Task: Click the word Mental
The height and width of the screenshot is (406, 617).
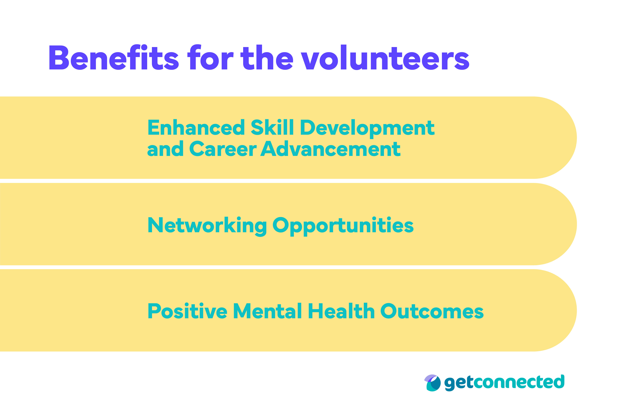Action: point(267,311)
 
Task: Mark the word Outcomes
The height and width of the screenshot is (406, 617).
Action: point(432,311)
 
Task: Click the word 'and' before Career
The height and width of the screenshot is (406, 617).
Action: point(165,149)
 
